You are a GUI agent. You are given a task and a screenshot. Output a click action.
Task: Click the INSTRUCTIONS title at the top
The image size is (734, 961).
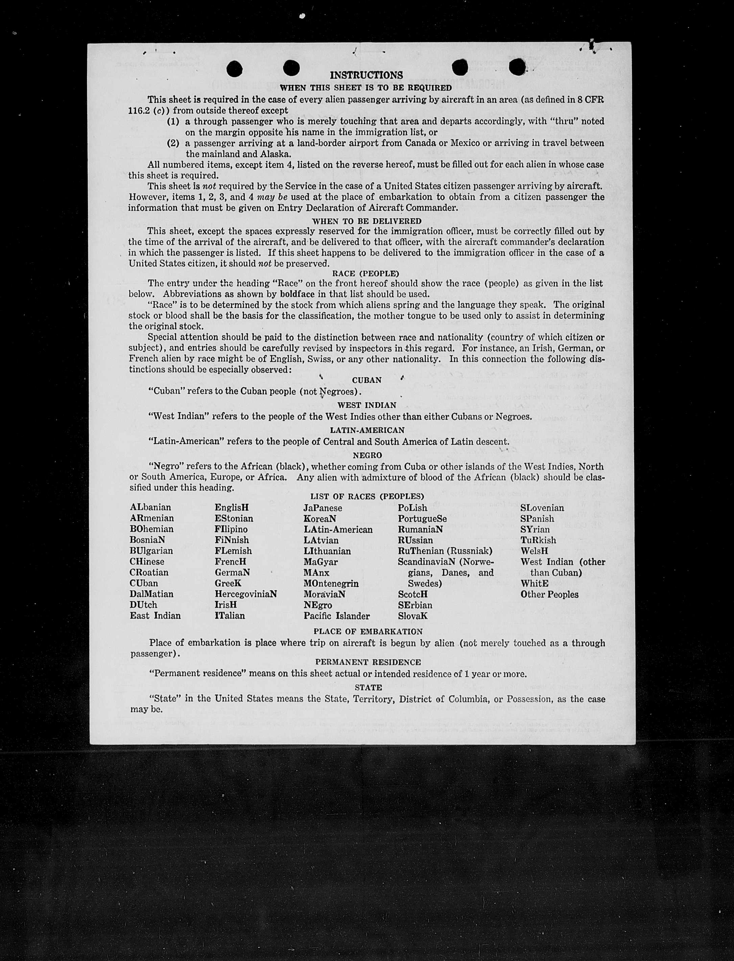coord(366,75)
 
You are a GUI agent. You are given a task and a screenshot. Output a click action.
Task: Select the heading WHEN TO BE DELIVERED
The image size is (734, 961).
coord(366,221)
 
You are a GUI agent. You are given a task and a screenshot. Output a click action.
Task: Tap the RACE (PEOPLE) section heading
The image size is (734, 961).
coord(366,274)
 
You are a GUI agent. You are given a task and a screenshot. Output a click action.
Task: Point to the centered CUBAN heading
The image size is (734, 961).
coord(366,380)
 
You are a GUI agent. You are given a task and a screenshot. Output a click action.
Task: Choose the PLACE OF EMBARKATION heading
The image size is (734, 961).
coord(368,632)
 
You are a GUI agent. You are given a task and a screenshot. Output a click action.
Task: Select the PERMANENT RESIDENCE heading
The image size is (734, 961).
coord(368,662)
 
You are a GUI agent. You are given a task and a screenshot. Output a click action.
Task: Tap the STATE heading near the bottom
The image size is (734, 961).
coord(368,687)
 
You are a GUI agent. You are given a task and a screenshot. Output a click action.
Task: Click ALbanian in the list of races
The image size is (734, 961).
coord(150,508)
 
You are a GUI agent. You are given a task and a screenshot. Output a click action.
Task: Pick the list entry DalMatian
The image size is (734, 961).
coord(151,594)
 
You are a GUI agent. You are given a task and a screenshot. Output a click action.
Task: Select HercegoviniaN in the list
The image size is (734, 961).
coord(245,594)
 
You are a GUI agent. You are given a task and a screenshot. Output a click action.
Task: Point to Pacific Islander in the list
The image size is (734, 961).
coord(336,616)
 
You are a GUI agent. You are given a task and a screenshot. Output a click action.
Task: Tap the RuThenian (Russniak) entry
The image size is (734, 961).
coord(445,551)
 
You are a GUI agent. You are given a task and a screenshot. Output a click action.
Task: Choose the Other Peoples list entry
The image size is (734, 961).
coord(549,595)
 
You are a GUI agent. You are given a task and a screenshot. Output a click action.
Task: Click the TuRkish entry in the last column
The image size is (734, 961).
coord(538,540)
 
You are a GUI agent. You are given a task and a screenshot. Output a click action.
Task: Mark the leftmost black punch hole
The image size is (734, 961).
coord(235,68)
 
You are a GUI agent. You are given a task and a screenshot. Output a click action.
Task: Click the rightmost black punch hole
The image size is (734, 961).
coord(517,67)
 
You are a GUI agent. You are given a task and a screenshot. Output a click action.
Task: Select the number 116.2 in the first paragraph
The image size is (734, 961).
coord(139,111)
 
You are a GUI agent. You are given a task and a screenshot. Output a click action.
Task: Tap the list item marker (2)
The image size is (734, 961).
coord(173,143)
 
